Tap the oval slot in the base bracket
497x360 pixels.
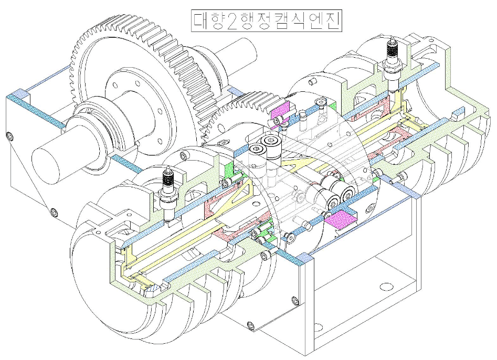pos(386,287)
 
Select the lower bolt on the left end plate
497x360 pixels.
pos(53,212)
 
